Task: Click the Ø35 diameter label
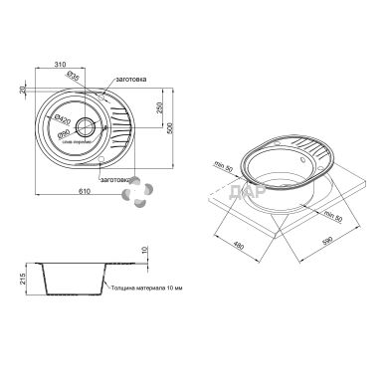coord(73,75)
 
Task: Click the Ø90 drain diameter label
coord(63,132)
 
